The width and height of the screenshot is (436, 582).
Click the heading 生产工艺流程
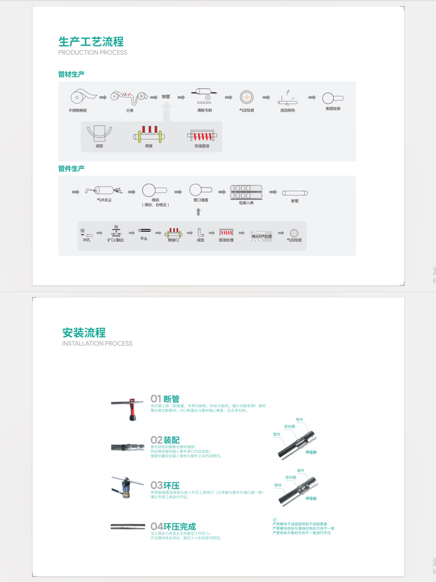91,42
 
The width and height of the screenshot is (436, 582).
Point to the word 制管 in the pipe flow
166,97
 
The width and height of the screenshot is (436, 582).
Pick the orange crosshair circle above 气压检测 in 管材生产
247,97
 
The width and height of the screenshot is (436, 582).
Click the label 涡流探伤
288,110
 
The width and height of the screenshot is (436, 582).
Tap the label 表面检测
333,109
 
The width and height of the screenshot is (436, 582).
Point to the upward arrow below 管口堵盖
198,212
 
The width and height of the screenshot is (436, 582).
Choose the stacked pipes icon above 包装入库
246,192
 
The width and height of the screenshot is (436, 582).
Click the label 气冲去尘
104,200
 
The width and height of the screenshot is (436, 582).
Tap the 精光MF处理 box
261,236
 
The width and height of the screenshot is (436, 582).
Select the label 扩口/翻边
116,240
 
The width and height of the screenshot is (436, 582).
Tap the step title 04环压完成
173,526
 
